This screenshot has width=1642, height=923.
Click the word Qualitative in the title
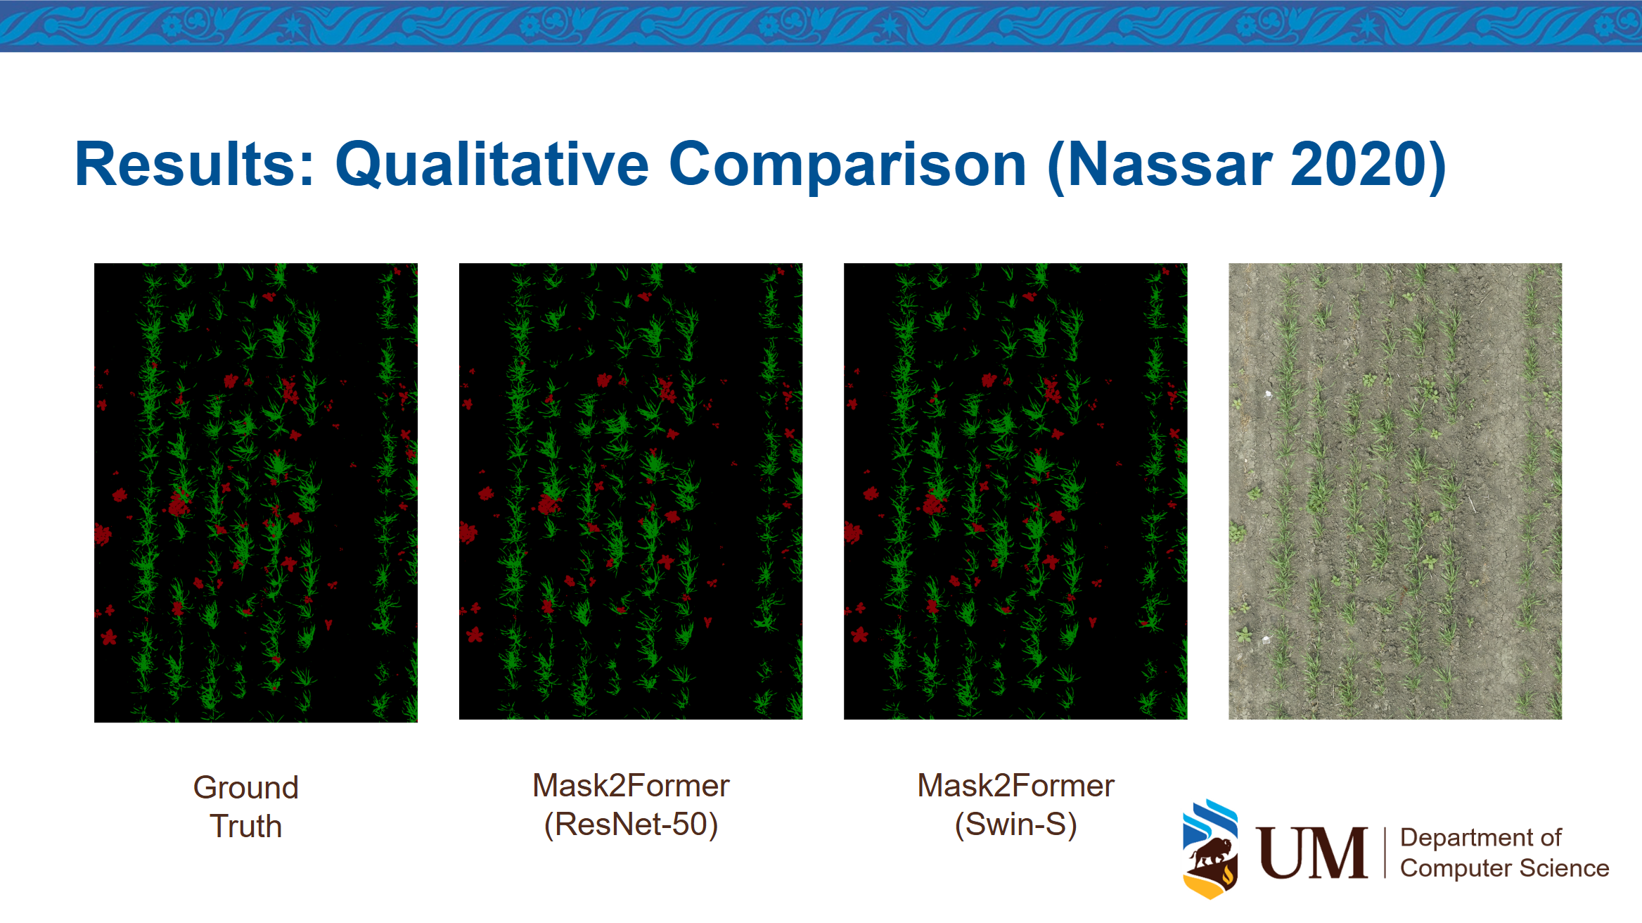(492, 166)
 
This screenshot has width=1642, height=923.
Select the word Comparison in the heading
(848, 166)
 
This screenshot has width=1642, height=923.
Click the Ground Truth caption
(246, 806)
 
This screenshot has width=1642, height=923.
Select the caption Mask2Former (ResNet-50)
(631, 805)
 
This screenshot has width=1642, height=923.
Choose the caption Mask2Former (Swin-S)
(1015, 805)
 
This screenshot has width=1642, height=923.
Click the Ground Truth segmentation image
(256, 492)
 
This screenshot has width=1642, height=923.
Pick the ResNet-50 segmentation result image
(631, 491)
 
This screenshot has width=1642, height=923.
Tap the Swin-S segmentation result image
(1015, 491)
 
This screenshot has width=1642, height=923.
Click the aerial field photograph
(1395, 491)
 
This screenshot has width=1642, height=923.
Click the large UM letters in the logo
(1312, 853)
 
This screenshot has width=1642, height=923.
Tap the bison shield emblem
(1210, 849)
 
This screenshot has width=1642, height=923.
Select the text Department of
(1480, 837)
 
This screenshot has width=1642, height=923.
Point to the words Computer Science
(1504, 868)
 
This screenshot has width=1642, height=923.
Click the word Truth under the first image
(246, 826)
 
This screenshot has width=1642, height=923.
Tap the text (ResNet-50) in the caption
(631, 825)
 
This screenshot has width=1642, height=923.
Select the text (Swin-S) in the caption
(1015, 825)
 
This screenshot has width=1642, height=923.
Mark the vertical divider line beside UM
(1385, 853)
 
